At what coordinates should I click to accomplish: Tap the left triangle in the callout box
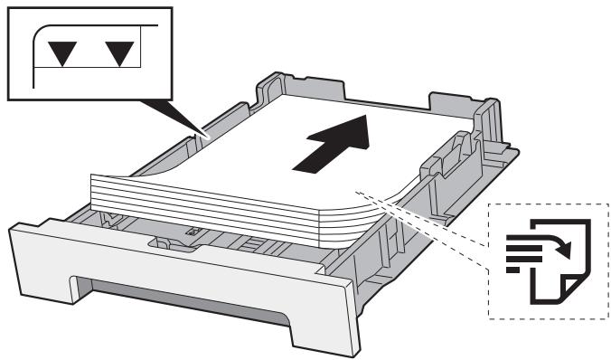click(x=61, y=55)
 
